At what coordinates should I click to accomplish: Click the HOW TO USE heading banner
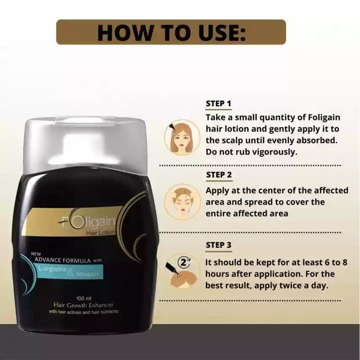[x=171, y=32]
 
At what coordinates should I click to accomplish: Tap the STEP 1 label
[x=219, y=103]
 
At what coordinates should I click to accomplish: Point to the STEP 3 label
[x=219, y=245]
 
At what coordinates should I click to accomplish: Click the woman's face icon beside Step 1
[x=182, y=137]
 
